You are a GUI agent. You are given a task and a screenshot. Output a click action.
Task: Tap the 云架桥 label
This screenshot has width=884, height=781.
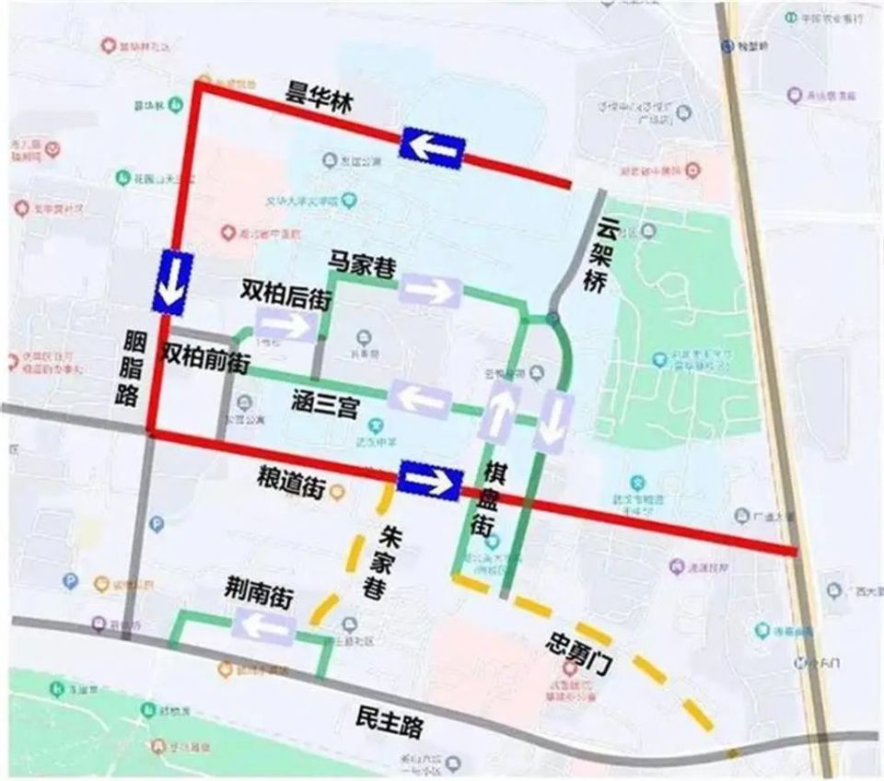pos(600,255)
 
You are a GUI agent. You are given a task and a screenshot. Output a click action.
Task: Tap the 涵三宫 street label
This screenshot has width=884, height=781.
pos(323,405)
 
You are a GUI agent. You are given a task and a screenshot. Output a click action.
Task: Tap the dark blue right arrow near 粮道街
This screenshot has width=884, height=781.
pos(429,482)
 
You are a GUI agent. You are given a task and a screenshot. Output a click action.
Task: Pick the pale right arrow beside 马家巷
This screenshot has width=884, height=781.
pos(428,291)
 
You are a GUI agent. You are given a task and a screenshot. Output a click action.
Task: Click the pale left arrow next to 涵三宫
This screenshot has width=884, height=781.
pos(421,400)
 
